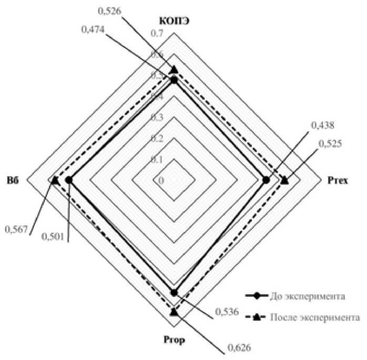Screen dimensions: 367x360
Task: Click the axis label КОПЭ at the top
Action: (174, 22)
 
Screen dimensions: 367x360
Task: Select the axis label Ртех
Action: (341, 181)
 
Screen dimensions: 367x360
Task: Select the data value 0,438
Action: (322, 125)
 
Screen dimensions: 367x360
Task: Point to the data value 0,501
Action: (53, 237)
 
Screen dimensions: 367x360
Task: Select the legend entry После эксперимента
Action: (314, 317)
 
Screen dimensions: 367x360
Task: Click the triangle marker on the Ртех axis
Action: (284, 181)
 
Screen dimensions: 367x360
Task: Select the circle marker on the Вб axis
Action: (68, 181)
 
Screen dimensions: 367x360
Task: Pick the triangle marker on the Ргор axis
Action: (174, 312)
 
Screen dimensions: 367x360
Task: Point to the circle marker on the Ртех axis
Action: (266, 181)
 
